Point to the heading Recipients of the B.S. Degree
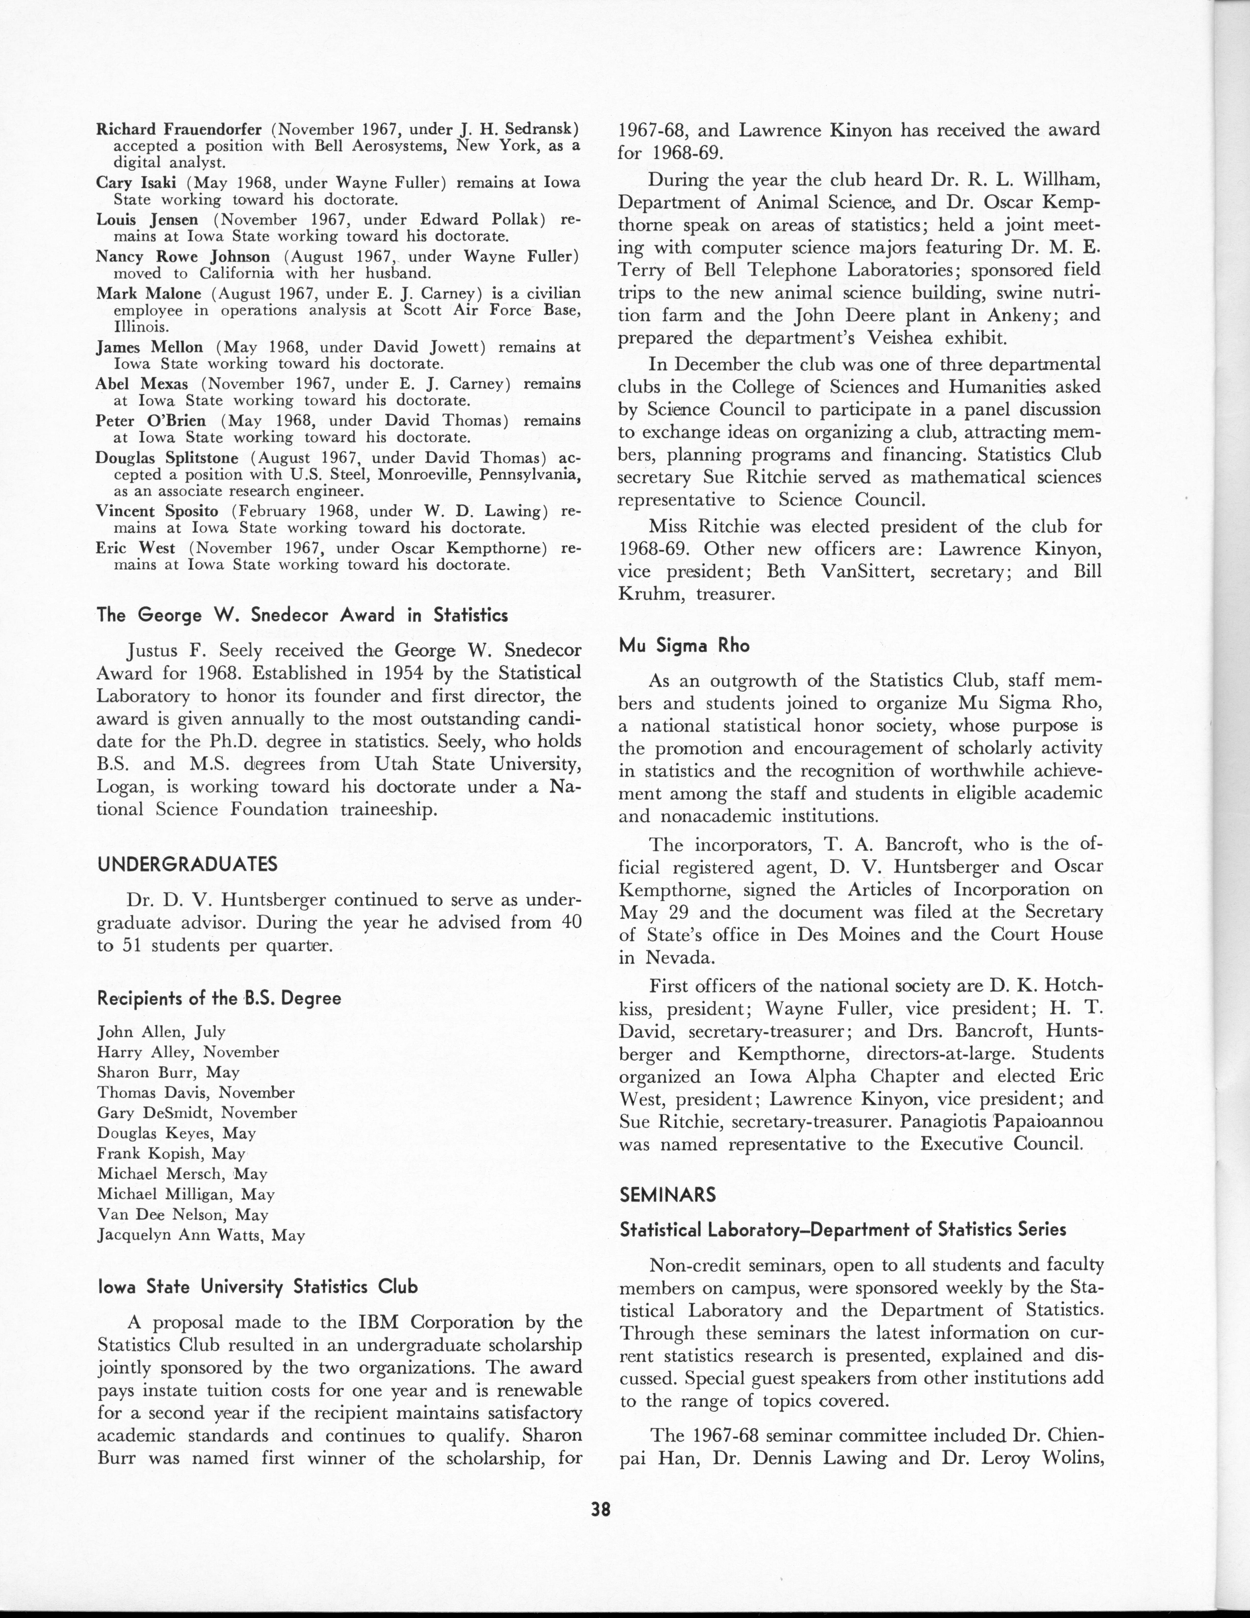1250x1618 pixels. coord(219,998)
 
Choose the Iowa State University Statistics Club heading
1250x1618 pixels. coord(258,1287)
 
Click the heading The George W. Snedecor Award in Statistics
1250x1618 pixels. coord(302,615)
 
